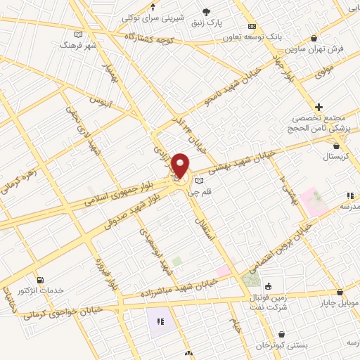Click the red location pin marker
(180, 166)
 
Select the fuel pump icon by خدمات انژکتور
(39, 280)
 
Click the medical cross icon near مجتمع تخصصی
(319, 107)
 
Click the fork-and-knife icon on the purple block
(160, 321)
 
